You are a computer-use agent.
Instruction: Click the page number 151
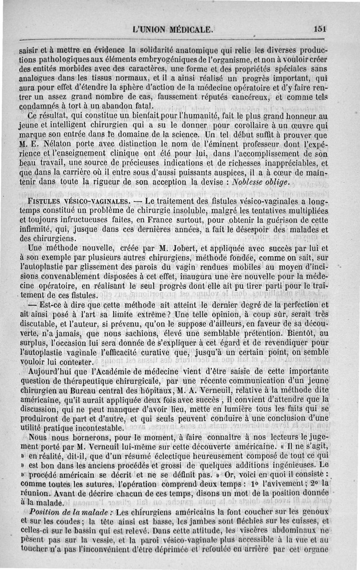[320, 28]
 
